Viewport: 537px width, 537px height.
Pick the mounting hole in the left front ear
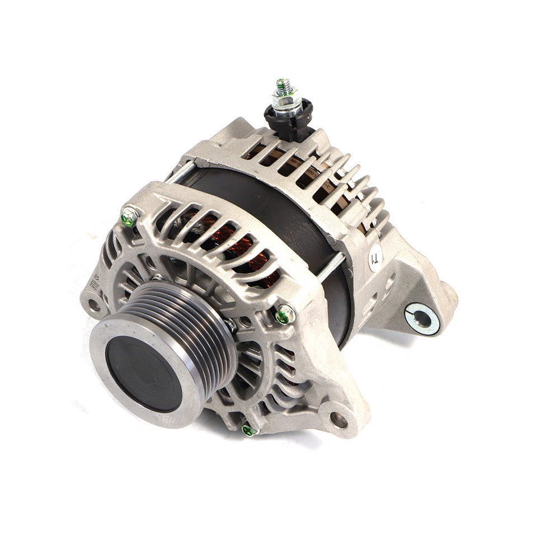tap(93, 305)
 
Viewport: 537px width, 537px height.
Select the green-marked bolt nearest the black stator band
tap(285, 315)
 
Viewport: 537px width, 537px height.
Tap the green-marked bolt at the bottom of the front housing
tap(248, 430)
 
